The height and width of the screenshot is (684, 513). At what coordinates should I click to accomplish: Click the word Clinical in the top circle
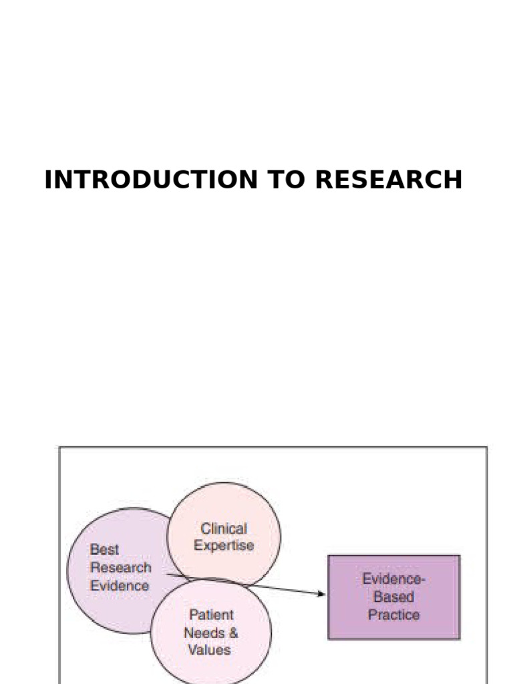click(x=224, y=528)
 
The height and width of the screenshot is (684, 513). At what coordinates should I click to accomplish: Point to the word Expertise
click(x=224, y=546)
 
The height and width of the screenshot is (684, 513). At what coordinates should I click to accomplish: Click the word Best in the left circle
click(x=104, y=550)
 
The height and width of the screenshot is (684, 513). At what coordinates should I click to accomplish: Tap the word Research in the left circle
click(x=120, y=568)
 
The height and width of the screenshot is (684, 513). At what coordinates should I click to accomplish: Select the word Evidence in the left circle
click(x=120, y=586)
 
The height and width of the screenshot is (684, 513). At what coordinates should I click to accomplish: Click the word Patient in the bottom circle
click(x=211, y=615)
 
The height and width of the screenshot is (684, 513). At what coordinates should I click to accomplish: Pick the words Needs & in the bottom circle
click(x=211, y=632)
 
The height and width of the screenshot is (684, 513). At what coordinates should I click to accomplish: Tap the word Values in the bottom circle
click(x=209, y=649)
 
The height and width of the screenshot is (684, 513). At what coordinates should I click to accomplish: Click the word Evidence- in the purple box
click(x=393, y=579)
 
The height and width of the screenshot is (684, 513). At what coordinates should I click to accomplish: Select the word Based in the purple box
click(x=393, y=596)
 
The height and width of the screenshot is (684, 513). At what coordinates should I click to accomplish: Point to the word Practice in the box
click(x=393, y=615)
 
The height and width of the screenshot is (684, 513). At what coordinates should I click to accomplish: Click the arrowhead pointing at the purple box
click(x=322, y=593)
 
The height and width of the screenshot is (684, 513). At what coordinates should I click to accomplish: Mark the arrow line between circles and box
click(x=281, y=588)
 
